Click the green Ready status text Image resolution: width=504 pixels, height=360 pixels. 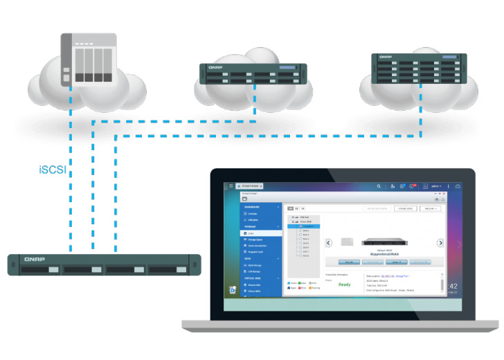pyautogui.click(x=344, y=284)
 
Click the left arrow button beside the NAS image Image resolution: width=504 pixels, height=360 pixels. pyautogui.click(x=330, y=243)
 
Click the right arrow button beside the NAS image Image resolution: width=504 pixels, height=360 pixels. pyautogui.click(x=440, y=243)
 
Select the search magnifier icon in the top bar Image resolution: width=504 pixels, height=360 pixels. pyautogui.click(x=379, y=186)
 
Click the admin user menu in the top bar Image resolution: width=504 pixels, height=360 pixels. pyautogui.click(x=437, y=186)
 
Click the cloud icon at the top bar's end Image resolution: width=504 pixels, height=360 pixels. pyautogui.click(x=458, y=186)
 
